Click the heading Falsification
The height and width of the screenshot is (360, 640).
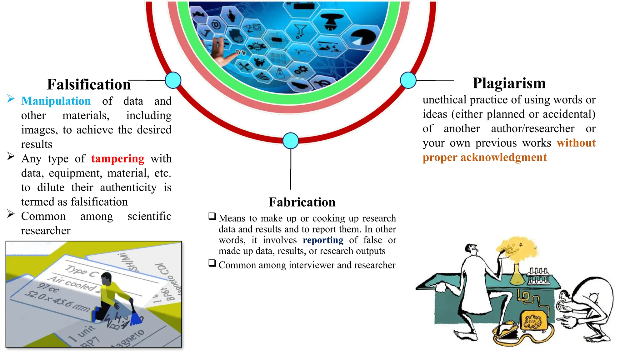89,84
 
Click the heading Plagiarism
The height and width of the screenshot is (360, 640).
509,83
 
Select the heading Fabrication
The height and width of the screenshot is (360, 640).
302,202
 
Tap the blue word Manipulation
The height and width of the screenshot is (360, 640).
56,101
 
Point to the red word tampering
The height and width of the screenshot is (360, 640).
117,158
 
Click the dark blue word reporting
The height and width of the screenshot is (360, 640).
323,240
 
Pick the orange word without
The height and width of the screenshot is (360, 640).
576,143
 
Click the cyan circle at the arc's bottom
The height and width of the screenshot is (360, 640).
291,141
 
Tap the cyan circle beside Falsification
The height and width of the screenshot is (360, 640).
173,80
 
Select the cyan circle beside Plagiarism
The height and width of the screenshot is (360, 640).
408,80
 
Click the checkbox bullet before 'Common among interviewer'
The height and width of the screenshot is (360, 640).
212,263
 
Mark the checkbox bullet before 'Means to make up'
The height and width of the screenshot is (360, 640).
212,216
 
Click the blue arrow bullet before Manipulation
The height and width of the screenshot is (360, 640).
11,99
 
